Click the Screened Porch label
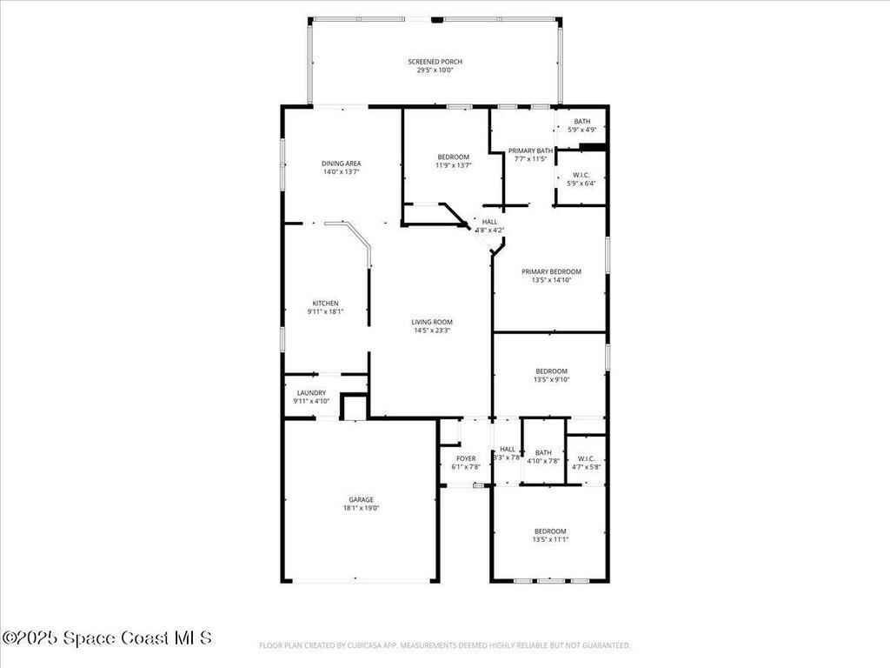pos(435,62)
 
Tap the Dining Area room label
pos(341,164)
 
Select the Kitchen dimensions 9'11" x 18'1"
pos(325,311)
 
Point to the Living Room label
pos(432,322)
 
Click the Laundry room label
pos(311,393)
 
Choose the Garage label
pos(362,499)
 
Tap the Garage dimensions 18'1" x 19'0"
pos(362,508)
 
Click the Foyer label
pos(466,458)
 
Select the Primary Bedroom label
pos(551,271)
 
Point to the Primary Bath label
pos(530,150)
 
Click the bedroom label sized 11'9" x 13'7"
pos(453,157)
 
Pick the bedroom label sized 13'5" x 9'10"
pos(551,371)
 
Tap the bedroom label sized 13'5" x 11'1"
pos(550,531)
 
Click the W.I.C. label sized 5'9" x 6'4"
pos(581,175)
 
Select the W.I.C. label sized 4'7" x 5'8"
pos(586,458)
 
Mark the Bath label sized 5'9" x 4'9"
pos(581,122)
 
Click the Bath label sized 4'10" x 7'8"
pos(543,452)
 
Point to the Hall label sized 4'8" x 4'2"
pos(490,222)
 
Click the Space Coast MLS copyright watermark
pos(106,638)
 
